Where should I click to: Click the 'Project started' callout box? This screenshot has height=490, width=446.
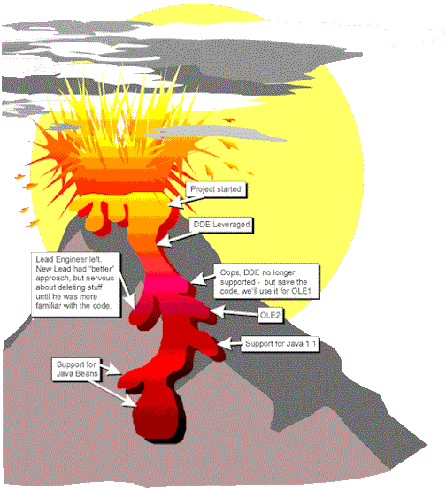(216, 189)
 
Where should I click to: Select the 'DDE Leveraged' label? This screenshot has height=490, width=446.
(221, 225)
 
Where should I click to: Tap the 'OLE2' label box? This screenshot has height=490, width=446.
(270, 315)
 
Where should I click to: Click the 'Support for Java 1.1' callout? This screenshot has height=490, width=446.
(281, 344)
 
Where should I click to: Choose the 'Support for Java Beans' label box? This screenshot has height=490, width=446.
(77, 370)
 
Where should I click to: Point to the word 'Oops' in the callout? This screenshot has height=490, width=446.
(229, 272)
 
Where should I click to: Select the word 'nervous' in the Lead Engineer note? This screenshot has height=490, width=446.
(100, 278)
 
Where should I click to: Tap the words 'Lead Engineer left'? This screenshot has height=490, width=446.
(68, 259)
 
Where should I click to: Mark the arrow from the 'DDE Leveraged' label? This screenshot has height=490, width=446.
(173, 239)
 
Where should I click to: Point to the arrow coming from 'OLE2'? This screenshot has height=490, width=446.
(234, 312)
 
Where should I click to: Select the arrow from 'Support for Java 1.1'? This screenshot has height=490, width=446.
(229, 344)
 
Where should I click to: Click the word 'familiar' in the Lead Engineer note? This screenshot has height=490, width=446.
(49, 306)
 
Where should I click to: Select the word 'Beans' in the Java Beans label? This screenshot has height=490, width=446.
(88, 374)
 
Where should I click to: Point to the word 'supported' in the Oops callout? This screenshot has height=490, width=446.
(237, 282)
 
